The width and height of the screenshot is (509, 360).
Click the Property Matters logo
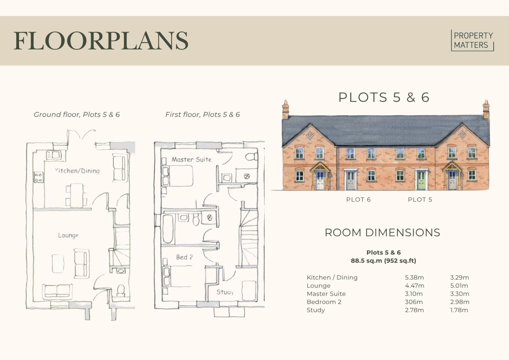[472, 40]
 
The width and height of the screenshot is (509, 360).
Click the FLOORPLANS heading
[101, 41]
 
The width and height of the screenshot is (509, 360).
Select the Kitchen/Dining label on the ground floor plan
[77, 171]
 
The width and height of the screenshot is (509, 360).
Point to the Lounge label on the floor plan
[68, 235]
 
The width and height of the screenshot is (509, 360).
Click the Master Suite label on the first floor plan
[192, 160]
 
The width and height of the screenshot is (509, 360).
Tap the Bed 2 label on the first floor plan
[184, 257]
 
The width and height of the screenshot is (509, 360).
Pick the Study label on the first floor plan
[225, 292]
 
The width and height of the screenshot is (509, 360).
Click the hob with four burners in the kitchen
[38, 177]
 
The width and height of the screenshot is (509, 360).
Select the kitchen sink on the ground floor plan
[54, 155]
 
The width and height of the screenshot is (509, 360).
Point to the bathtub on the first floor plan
[168, 229]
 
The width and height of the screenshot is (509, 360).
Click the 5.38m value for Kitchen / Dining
[414, 277]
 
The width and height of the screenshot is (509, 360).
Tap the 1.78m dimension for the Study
[459, 310]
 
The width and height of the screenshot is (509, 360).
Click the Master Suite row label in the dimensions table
[326, 294]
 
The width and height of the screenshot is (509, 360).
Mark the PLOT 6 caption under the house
[358, 200]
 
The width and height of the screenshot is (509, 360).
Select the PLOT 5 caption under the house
[420, 200]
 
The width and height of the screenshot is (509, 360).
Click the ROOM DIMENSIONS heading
[382, 233]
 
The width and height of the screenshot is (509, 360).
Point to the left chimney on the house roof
[286, 109]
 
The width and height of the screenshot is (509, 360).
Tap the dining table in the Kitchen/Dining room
[76, 196]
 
